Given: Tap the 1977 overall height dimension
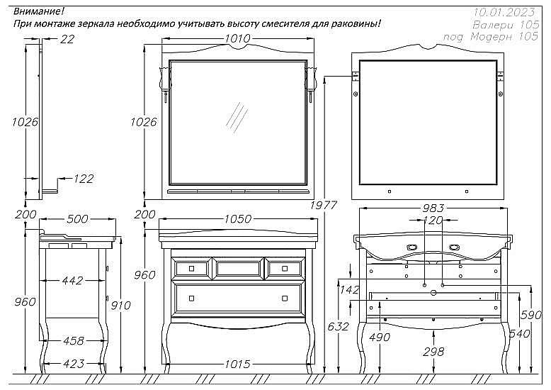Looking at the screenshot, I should [323, 206].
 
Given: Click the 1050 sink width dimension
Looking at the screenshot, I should [237, 219].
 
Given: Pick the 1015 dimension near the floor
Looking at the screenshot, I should [237, 364].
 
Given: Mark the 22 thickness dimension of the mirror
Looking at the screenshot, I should [67, 40].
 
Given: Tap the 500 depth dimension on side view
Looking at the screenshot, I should [78, 219].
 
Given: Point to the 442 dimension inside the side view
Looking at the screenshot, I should [72, 281].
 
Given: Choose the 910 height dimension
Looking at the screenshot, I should [120, 306].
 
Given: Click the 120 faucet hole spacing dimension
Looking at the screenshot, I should [433, 221].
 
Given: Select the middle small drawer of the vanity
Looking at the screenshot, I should [239, 267].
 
